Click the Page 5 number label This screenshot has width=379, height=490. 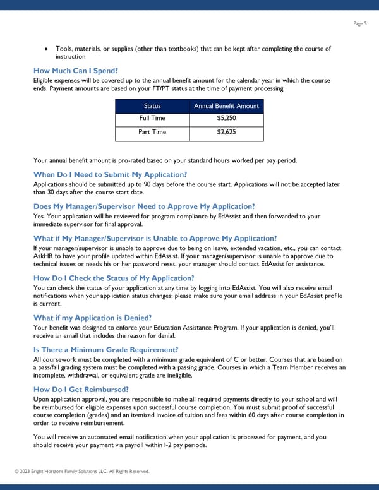pos(361,23)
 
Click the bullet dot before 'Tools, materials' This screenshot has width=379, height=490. pos(47,49)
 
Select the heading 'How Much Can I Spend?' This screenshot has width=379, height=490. pos(76,70)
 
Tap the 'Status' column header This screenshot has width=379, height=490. pos(152,106)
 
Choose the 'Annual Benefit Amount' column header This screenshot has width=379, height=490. pos(226,106)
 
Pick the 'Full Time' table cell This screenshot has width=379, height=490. pos(152,118)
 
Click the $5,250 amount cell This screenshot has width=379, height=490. pos(226,118)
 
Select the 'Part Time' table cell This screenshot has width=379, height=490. pos(152,132)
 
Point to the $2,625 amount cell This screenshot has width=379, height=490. pos(226,132)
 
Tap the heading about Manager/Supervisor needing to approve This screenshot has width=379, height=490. pos(144,206)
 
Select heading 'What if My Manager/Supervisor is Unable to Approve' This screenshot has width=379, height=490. pos(155,238)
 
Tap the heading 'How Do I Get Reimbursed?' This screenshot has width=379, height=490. pos(81,389)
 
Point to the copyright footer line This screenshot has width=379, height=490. pos(82,471)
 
